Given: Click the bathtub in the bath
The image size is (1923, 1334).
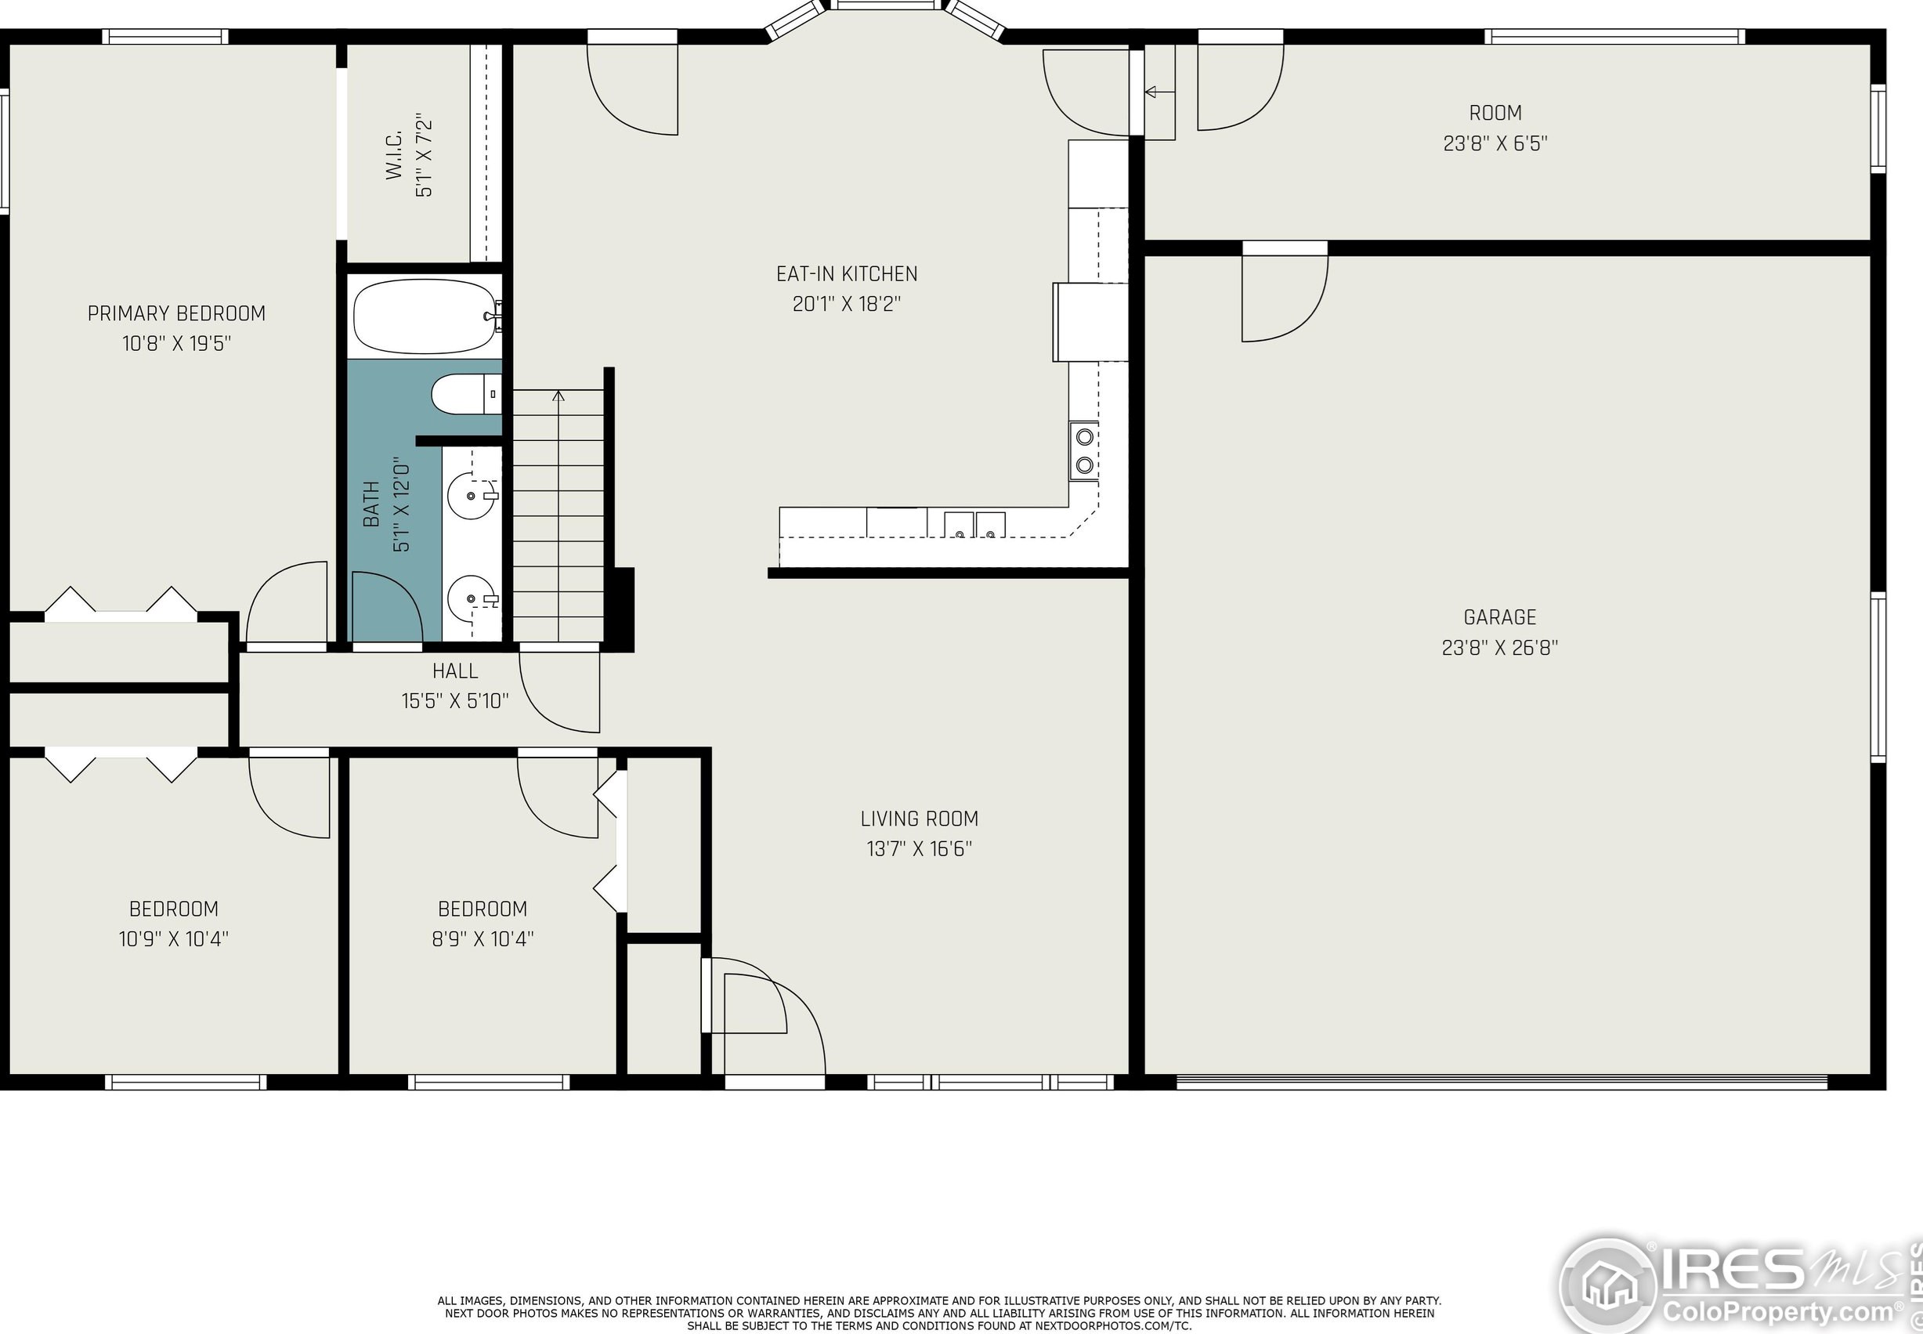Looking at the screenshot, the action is [425, 316].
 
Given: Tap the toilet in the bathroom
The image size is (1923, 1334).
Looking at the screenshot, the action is [466, 395].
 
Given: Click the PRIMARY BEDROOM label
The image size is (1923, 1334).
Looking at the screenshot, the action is [176, 313].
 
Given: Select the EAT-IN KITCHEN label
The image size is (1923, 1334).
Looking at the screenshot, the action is [847, 274].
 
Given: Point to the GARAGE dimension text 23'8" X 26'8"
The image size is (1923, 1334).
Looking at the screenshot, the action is [1499, 648].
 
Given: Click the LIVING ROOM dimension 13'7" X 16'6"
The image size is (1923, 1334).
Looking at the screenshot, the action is [920, 849].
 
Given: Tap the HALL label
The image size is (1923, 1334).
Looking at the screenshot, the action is [455, 671].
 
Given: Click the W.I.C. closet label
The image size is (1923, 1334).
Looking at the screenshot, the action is [395, 154].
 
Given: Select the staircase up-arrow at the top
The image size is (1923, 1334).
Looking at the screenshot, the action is [558, 395].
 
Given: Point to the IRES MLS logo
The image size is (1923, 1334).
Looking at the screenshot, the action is [1738, 1284].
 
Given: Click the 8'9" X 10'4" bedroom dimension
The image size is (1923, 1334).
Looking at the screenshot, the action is [483, 938].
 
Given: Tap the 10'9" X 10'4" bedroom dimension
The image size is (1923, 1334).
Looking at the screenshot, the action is [173, 938].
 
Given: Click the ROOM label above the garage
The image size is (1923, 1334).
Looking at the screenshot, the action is [1495, 113].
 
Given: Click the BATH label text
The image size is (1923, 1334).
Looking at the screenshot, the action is [371, 504].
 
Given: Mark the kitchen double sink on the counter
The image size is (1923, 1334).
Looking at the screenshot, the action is [974, 525].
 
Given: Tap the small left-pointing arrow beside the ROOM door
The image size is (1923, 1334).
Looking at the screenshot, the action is [1158, 92].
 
